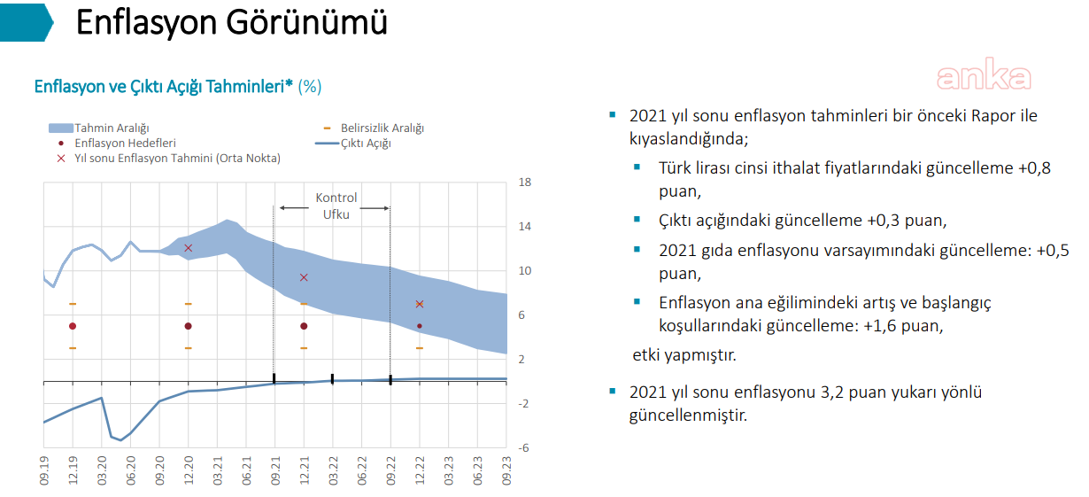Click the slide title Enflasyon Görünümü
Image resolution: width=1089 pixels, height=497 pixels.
[x=231, y=23]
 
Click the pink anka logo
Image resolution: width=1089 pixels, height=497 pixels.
[x=984, y=77]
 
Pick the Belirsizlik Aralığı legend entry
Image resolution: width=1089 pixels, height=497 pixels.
[x=382, y=128]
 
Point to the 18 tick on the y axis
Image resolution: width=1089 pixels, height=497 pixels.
[x=524, y=182]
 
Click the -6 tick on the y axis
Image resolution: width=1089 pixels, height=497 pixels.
[x=523, y=448]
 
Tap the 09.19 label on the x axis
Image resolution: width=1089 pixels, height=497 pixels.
[x=44, y=470]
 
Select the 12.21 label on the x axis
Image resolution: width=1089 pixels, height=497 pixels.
[x=304, y=470]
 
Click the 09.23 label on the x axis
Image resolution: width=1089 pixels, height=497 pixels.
[x=506, y=470]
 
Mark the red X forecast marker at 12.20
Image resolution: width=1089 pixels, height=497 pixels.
[x=188, y=248]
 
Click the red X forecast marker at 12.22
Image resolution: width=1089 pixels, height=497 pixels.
[x=420, y=305]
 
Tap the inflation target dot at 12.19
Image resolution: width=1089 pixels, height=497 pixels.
[x=73, y=326]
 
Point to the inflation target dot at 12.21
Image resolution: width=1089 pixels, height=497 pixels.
[x=304, y=326]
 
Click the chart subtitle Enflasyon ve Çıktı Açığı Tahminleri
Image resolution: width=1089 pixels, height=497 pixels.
[x=164, y=87]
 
